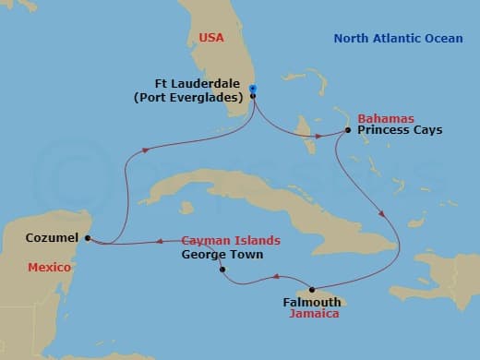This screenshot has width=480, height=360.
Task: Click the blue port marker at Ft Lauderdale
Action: click(253, 90)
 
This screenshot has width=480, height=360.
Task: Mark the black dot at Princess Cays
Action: click(347, 130)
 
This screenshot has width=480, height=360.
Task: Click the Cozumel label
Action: click(51, 237)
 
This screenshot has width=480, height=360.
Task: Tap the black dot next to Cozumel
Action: click(87, 238)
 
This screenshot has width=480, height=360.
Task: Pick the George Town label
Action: click(222, 254)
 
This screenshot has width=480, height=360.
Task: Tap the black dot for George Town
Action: click(222, 270)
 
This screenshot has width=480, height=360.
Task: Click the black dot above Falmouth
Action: click(311, 289)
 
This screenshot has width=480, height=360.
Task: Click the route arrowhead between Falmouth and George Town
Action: click(275, 277)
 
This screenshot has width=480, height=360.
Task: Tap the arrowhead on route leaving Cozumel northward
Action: click(145, 152)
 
